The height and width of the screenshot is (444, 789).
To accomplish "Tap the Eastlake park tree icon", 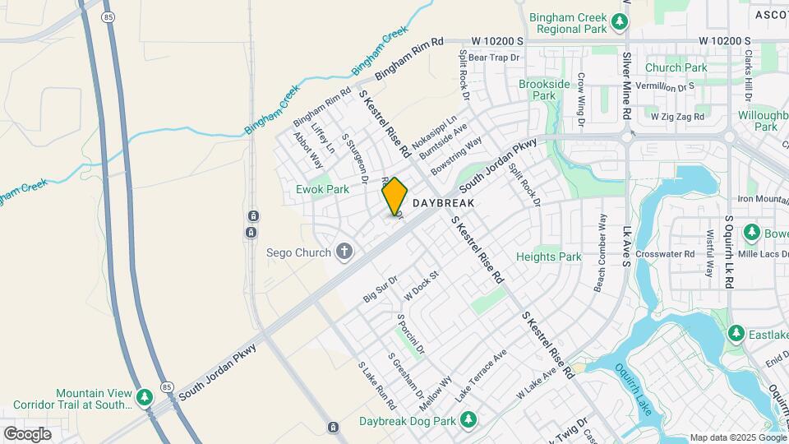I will coord(736,333).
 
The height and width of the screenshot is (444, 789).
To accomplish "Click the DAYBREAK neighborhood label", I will coord(444,202).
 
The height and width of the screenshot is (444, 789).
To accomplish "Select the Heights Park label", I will coord(548,257).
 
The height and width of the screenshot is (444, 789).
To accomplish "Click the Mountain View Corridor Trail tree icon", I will coord(145,398).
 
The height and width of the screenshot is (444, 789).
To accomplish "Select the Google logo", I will coord(27,433).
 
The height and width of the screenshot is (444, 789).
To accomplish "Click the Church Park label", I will coord(676,67).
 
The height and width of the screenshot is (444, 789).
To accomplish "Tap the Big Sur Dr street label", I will coord(381,289).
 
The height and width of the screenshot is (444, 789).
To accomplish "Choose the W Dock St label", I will coord(422,287).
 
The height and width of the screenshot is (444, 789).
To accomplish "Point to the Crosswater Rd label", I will coord(665,254).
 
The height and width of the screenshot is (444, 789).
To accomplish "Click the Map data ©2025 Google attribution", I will coord(737,437).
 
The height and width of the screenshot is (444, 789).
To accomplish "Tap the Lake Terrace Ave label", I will coord(482,375).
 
